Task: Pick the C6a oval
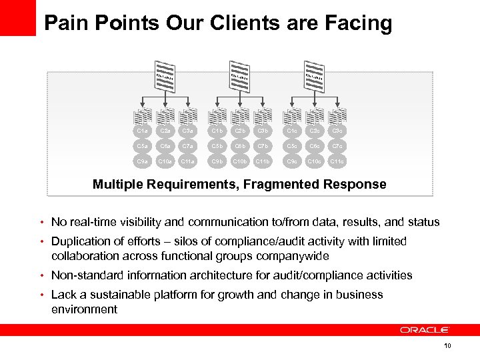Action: pos(164,145)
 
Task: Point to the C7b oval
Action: pos(262,145)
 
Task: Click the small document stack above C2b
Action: pos(240,114)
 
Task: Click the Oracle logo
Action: pos(425,329)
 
